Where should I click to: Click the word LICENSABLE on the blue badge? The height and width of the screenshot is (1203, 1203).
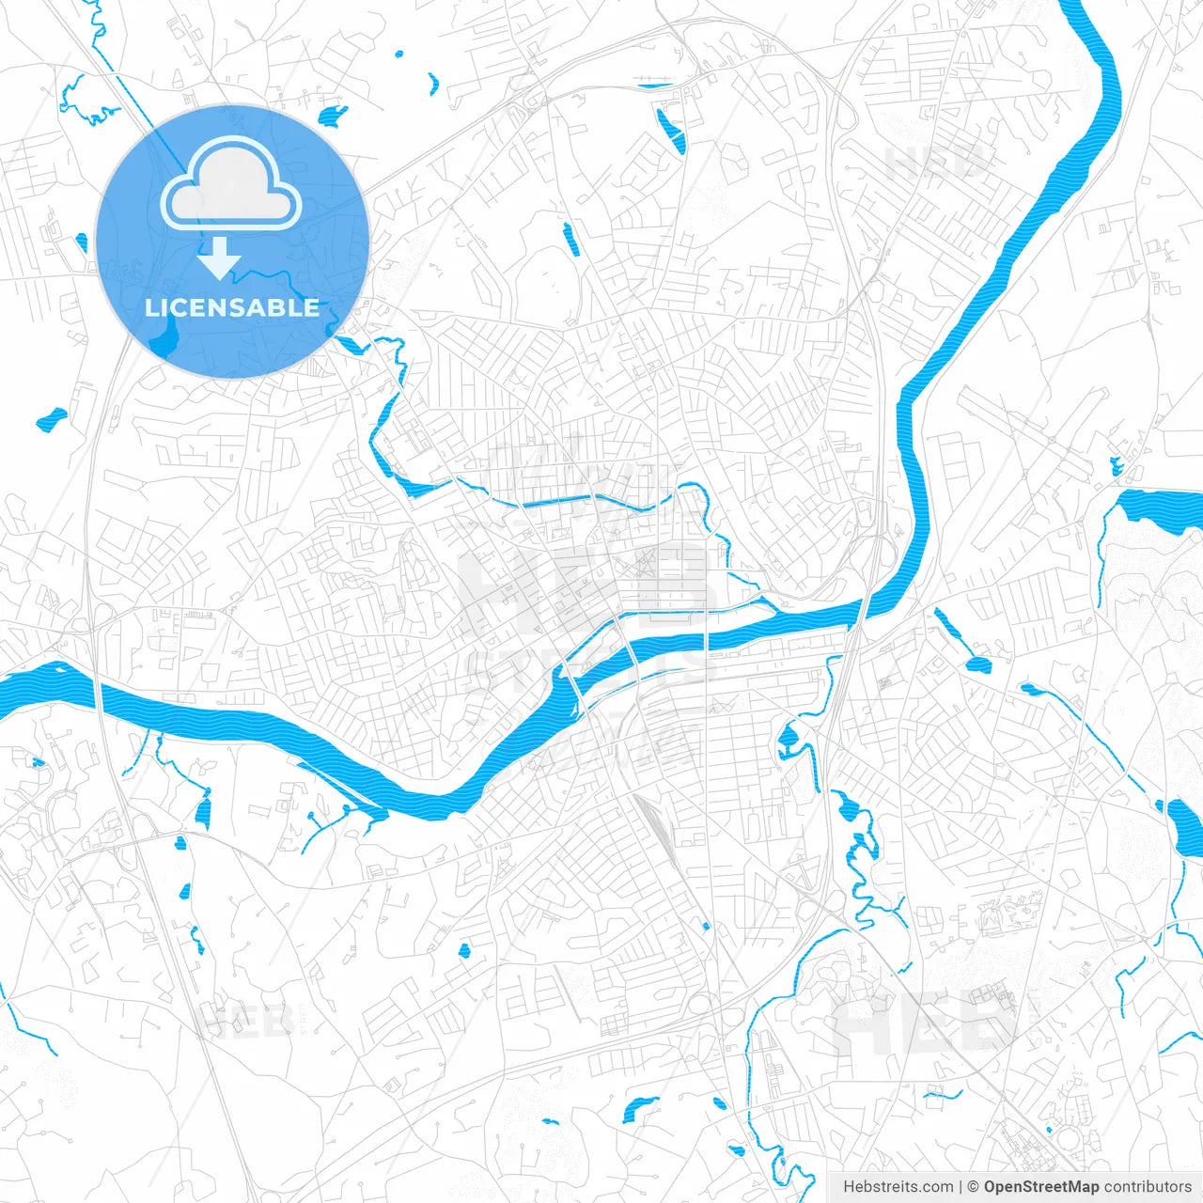point(232,307)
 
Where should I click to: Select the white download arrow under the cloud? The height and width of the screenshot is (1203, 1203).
point(219,258)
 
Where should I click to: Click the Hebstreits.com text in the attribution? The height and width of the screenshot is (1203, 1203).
point(898,1187)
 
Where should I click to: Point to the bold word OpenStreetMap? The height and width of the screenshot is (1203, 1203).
point(1040,1187)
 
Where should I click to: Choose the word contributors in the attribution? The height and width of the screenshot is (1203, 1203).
point(1147,1187)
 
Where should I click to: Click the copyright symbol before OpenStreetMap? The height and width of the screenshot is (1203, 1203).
point(973,1187)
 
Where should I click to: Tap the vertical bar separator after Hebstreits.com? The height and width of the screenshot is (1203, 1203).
point(960,1187)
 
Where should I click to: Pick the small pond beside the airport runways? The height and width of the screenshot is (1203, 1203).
point(1117,465)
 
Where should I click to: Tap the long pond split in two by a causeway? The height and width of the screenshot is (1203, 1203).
point(670,130)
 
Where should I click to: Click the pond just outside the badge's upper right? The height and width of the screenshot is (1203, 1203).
point(332,117)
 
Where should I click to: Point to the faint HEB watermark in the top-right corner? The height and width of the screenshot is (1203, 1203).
point(935,162)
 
